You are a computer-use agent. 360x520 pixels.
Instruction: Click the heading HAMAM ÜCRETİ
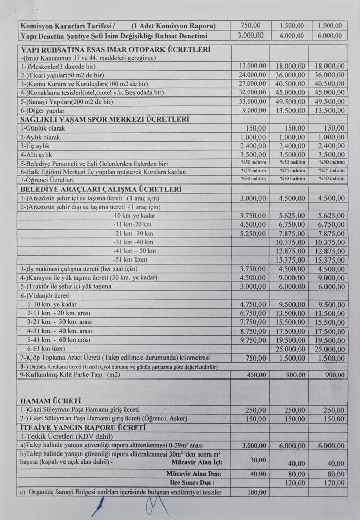pos(51,401)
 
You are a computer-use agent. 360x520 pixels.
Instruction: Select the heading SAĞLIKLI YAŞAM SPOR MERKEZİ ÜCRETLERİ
pos(105,119)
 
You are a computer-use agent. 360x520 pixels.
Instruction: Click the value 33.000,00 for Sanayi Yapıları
pos(252,102)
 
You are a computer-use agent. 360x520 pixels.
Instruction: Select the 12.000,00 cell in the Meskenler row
pos(252,66)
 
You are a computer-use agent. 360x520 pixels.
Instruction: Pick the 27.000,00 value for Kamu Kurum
pos(252,84)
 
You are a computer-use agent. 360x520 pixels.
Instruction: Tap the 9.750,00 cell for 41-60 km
pos(252,340)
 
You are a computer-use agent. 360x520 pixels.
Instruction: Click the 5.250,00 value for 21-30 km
pos(252,233)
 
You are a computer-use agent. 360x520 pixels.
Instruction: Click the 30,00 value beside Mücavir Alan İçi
pos(257,460)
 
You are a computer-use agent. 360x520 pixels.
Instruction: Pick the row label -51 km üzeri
pos(134,259)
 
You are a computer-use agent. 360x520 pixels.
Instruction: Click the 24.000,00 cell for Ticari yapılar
pos(252,75)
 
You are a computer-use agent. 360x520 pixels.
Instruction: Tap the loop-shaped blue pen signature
pos(154,506)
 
